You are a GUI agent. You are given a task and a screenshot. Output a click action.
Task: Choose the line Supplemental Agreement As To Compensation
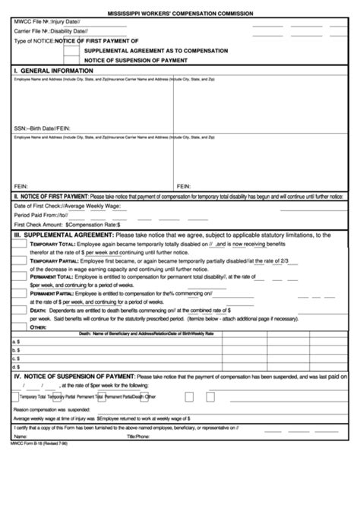click(x=156, y=49)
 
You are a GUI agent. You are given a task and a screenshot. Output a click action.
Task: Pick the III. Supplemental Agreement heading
click(x=55, y=235)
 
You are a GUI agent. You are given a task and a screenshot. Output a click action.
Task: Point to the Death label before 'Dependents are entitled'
click(x=38, y=309)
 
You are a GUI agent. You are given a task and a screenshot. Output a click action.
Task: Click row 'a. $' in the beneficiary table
click(x=16, y=342)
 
